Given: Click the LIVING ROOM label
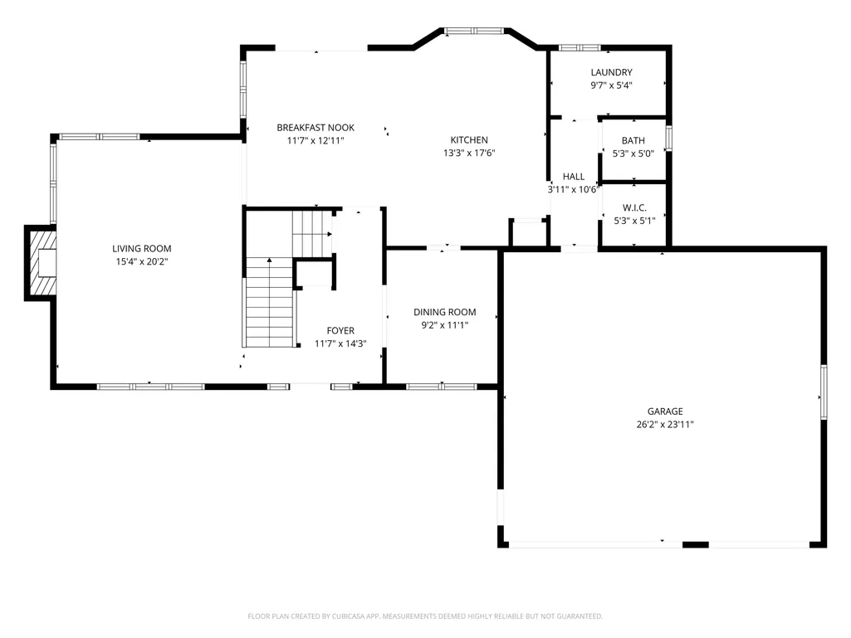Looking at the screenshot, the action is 142,248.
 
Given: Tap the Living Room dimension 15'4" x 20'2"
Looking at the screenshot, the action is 142,261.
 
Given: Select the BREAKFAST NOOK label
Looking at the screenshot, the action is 315,128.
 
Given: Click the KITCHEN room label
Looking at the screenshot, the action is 469,140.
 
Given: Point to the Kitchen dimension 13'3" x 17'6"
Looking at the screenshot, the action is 469,153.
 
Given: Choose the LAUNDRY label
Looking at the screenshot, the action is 611,72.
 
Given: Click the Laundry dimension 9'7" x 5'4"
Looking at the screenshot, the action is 611,85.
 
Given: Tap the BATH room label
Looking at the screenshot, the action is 633,140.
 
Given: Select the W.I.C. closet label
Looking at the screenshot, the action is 634,207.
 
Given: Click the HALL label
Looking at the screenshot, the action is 574,177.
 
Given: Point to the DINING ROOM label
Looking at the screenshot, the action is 444,312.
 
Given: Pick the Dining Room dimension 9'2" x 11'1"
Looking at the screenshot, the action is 444,325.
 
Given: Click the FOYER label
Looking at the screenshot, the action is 340,330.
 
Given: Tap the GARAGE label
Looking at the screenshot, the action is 665,412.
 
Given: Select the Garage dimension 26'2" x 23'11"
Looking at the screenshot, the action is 665,424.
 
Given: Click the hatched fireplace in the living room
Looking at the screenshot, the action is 42,263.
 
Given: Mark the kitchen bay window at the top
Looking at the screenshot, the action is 474,31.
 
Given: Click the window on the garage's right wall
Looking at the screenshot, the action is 824,392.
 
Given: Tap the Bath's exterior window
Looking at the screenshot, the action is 668,139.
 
